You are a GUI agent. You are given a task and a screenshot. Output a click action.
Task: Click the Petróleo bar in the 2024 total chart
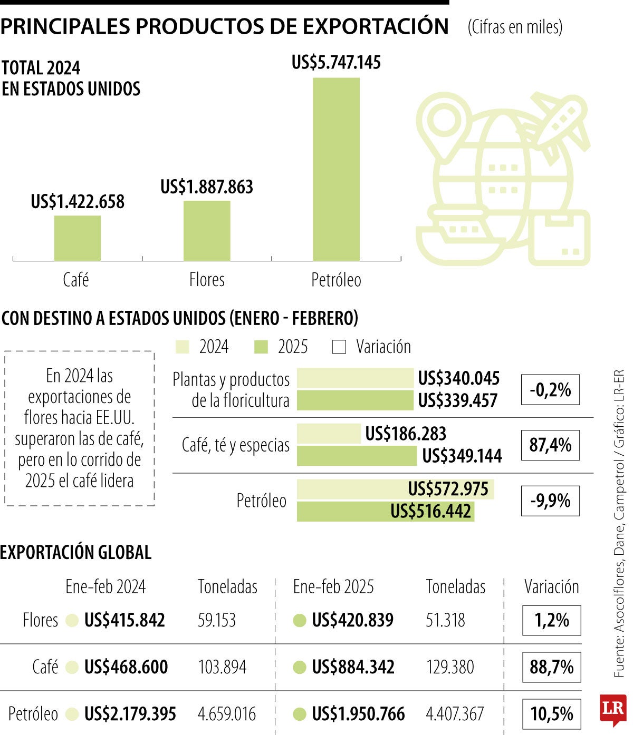click(x=336, y=169)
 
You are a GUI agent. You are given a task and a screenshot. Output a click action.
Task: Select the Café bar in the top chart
click(x=77, y=238)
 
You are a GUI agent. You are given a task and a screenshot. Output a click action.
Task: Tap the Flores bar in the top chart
click(x=207, y=231)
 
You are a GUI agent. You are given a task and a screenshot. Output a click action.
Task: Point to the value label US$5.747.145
click(x=336, y=63)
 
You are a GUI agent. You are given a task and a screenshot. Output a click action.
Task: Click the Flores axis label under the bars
click(x=207, y=280)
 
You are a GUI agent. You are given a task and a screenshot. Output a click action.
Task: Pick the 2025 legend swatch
click(x=261, y=347)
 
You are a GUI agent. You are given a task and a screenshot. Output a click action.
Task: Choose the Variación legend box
click(x=339, y=347)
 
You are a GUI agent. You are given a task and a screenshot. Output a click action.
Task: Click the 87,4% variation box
click(x=550, y=445)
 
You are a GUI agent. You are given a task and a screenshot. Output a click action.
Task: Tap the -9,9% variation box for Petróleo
click(x=550, y=501)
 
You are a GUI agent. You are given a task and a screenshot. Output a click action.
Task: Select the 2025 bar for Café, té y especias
click(x=357, y=456)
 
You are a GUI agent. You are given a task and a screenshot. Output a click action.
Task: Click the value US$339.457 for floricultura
click(x=457, y=401)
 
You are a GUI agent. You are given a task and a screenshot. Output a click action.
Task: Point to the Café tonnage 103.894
click(x=222, y=667)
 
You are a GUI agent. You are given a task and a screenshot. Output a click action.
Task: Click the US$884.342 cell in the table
click(x=353, y=667)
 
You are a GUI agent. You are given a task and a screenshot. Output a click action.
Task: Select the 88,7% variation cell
click(x=552, y=667)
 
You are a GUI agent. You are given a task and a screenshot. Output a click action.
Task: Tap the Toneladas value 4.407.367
click(x=455, y=714)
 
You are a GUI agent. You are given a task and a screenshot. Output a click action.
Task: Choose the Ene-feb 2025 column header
click(x=333, y=587)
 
